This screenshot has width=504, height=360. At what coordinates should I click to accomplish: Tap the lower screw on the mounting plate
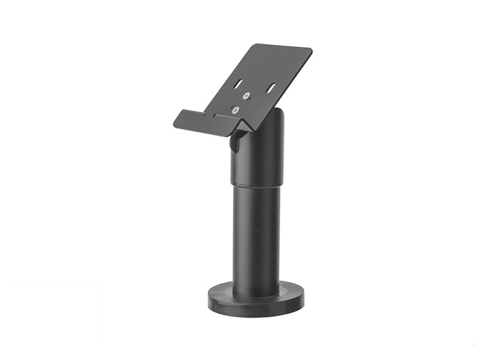click(237, 109)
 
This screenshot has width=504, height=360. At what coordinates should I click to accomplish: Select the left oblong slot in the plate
click(239, 84)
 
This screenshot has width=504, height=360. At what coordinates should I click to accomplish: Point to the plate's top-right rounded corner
click(309, 51)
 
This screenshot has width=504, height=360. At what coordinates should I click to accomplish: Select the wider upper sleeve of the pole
click(259, 158)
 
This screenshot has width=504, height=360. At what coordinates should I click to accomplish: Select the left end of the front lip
click(175, 121)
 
